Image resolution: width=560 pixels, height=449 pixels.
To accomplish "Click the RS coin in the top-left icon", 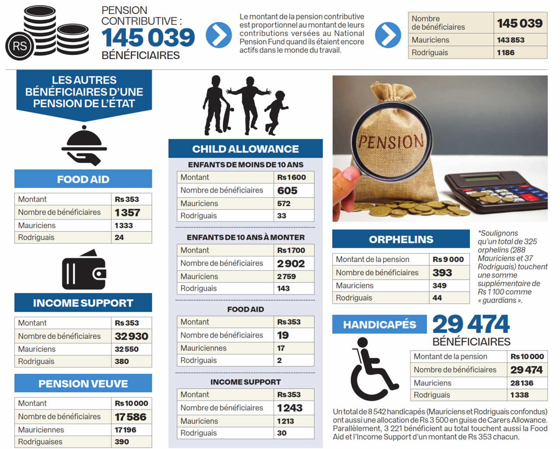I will pos(20,46).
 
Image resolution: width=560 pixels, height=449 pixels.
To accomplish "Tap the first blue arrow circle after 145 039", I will pos(219,35).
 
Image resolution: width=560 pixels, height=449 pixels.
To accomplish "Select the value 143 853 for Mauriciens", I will pos(511,40).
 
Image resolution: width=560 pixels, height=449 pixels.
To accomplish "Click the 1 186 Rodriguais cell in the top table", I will pos(506,53).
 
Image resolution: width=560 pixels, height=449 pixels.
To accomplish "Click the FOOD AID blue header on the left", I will pos(83,179).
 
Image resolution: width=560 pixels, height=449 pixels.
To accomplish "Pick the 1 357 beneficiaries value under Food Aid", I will pos(127,213).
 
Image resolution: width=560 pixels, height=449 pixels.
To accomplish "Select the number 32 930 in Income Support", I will pos(131,336).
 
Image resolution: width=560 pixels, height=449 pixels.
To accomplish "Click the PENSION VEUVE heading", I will pos(83,383).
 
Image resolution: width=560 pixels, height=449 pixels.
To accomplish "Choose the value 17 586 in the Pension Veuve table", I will pos(130,417).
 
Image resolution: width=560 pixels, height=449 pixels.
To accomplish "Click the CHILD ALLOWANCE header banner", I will pos(245,149).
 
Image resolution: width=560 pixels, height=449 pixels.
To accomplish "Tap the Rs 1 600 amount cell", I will pos(291,177).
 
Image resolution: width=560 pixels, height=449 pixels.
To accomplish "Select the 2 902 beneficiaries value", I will pos(291,263).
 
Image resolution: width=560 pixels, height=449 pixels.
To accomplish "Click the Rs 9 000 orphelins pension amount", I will pos(448,259).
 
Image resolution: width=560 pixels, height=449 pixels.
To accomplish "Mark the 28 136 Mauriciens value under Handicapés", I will pos(521,383).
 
